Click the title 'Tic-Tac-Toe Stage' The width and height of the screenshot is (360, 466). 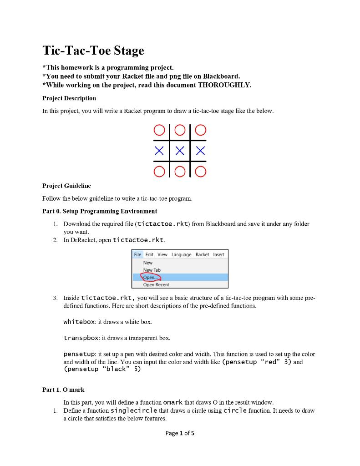click(93, 51)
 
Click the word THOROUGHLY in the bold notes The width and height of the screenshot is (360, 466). click(224, 85)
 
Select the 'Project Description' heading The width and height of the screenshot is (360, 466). click(69, 98)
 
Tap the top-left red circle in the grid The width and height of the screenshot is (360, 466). click(159, 130)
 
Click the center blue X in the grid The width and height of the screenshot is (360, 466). click(180, 151)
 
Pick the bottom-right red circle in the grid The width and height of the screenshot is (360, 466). click(201, 172)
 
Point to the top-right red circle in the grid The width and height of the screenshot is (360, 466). click(201, 130)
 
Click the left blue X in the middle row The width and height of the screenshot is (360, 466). click(159, 151)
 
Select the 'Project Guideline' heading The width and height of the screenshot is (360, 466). click(66, 186)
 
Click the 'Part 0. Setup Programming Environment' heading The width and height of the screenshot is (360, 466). click(100, 211)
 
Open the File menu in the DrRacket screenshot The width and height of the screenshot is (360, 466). click(137, 254)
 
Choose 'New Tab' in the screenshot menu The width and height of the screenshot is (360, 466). click(152, 270)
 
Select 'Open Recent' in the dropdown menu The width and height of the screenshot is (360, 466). click(156, 285)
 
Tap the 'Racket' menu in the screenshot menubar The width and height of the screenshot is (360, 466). click(202, 254)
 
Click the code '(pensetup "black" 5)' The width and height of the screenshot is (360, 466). click(102, 369)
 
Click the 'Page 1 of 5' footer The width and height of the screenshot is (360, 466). click(180, 433)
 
